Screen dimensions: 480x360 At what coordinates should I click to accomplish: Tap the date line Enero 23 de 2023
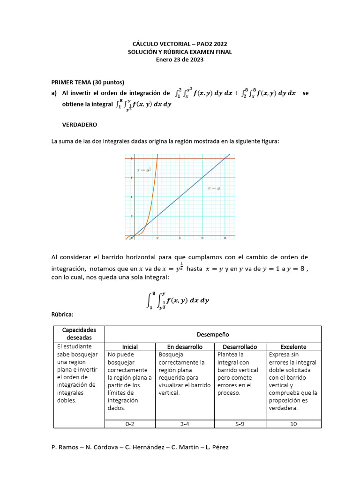point(180,60)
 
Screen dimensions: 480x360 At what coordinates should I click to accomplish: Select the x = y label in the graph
point(214,188)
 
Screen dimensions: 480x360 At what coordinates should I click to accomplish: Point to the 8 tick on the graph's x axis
point(225,238)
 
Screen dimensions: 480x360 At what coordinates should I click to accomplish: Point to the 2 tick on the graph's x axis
point(157,238)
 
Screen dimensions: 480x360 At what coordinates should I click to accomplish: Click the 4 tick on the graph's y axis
point(132,197)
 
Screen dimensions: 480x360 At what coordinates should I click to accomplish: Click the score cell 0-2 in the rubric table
point(130,423)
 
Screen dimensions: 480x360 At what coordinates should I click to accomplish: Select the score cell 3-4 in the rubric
point(186,423)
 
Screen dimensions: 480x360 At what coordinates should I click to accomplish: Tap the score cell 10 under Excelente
point(293,423)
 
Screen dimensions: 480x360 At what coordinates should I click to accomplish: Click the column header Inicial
point(130,347)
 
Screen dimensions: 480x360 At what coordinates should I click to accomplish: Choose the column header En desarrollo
point(185,347)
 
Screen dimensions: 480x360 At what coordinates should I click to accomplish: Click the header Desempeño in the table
point(213,334)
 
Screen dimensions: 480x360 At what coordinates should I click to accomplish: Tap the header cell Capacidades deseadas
point(79,334)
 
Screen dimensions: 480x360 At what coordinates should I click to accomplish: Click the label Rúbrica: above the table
point(62,314)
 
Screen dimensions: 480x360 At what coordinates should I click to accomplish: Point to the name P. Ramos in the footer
point(65,447)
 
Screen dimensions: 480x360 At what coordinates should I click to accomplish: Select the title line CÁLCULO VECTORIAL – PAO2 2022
point(180,45)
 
